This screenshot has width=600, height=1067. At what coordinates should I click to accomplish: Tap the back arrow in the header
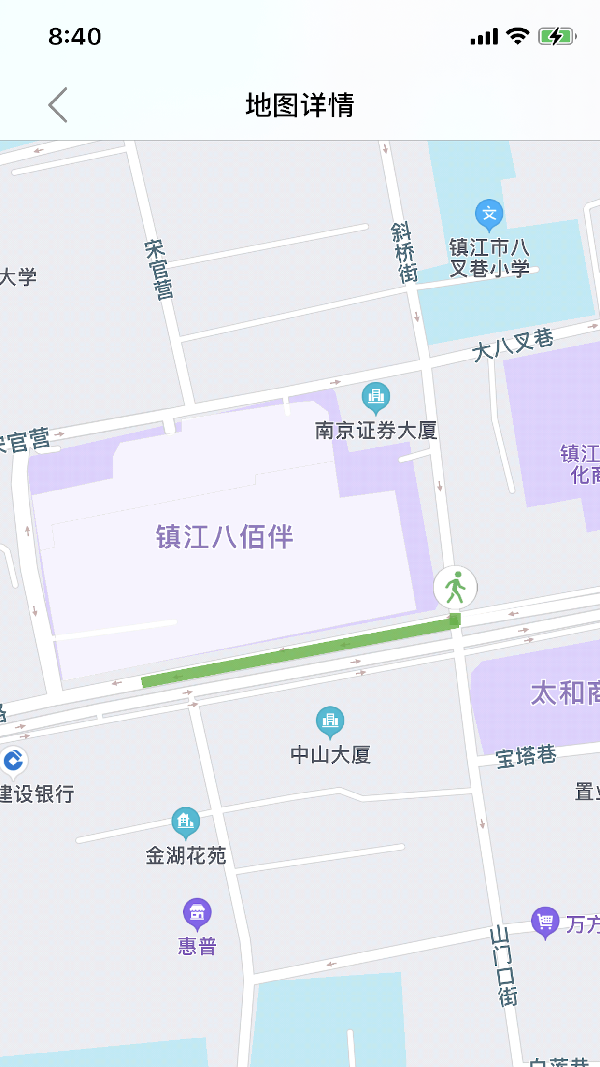58,105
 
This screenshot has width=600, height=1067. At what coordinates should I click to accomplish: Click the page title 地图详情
300,105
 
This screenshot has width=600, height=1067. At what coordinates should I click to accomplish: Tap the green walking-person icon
455,587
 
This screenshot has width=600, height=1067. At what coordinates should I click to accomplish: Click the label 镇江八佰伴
224,537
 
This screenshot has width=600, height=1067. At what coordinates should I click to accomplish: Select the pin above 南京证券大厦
376,397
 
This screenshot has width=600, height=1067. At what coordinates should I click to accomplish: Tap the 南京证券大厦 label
376,431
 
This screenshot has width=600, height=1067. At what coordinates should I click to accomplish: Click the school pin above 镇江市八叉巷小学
489,214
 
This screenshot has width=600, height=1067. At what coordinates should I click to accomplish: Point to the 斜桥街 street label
404,252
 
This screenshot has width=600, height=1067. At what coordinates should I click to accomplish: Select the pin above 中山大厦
330,721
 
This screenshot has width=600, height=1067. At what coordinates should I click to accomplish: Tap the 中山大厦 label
330,755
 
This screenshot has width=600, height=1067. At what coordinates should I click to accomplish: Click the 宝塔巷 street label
526,756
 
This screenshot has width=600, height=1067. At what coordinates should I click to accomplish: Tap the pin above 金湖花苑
186,822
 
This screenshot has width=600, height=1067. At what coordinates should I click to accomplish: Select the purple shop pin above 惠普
197,913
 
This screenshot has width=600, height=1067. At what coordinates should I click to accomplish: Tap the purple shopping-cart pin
545,922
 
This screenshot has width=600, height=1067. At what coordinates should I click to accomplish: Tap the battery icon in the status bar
557,37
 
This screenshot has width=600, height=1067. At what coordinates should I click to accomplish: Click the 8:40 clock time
75,37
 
